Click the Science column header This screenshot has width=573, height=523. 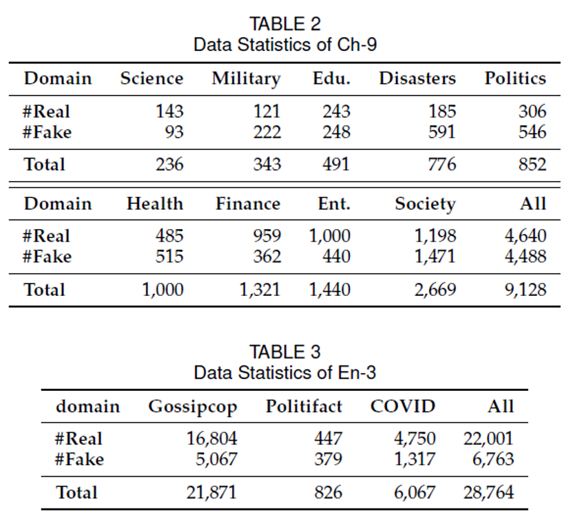click(x=152, y=78)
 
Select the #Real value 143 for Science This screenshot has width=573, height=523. click(x=169, y=111)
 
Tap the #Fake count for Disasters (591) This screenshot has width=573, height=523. click(x=442, y=132)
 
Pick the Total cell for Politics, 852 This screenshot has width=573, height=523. click(x=532, y=164)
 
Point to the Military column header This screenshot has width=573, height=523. click(x=247, y=79)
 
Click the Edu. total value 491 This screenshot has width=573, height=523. click(x=336, y=164)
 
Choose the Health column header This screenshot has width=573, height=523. click(x=155, y=204)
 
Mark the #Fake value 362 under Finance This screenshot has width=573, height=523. click(x=267, y=256)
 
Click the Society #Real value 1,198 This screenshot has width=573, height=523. click(x=435, y=235)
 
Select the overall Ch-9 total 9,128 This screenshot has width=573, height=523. click(x=526, y=290)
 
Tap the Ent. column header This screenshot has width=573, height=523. click(x=334, y=204)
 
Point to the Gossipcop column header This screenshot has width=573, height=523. click(x=193, y=407)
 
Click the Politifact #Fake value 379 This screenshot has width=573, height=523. click(x=328, y=459)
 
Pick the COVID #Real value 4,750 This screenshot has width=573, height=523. click(x=415, y=438)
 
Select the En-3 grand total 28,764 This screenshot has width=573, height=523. click(x=488, y=492)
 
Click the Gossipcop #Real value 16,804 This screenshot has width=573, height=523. click(x=212, y=438)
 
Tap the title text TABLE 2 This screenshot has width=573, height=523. click(x=285, y=24)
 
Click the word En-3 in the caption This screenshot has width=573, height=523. click(x=357, y=373)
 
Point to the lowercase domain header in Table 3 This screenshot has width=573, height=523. click(x=87, y=406)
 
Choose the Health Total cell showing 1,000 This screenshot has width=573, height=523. click(x=163, y=290)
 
